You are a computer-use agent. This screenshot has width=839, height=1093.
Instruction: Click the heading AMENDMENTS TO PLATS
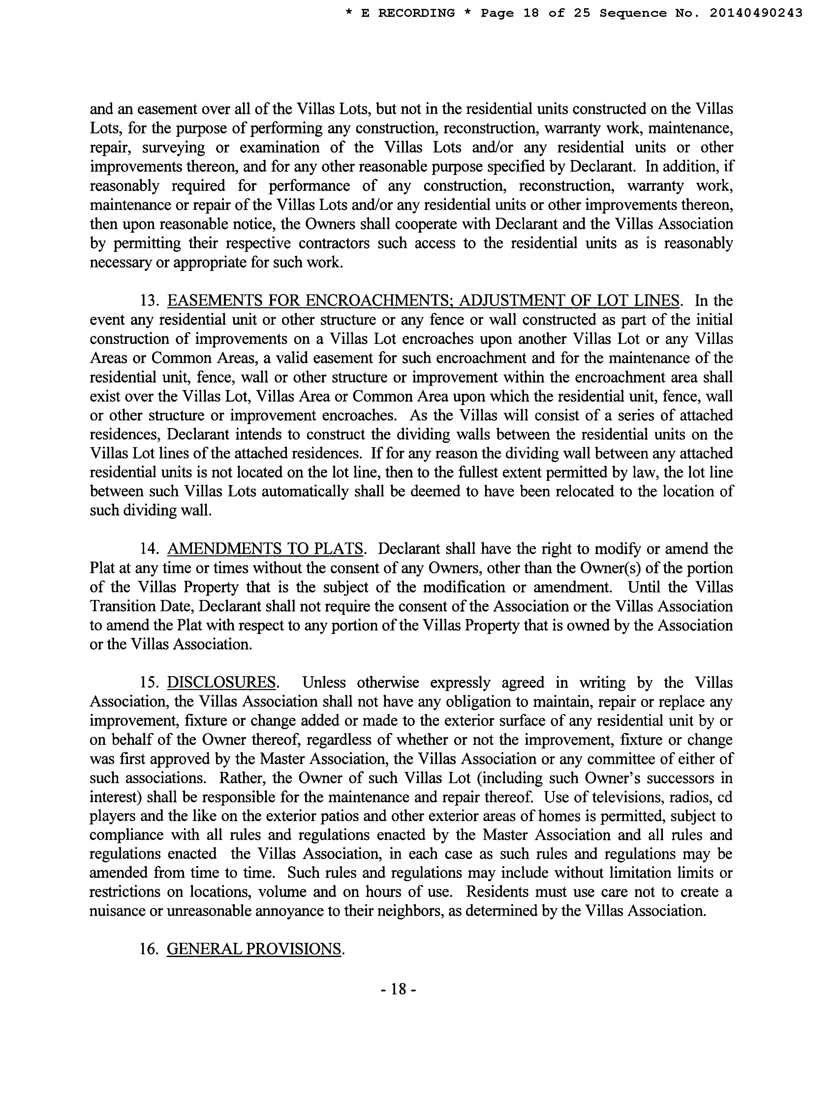coord(265,549)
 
